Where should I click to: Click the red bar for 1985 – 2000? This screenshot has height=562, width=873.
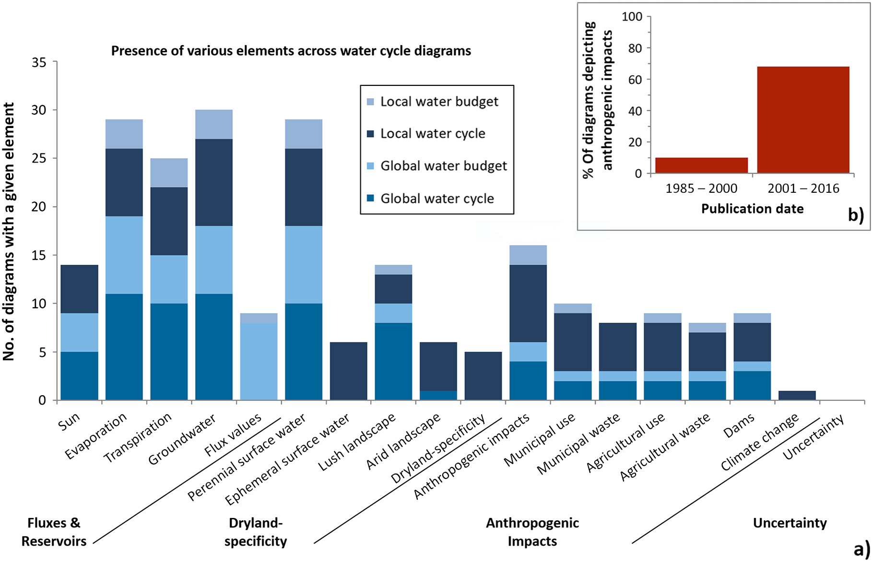701,165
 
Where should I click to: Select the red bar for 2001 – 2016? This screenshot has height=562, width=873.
803,120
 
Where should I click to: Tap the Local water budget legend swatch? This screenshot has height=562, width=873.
370,102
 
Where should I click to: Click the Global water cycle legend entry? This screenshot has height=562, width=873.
431,199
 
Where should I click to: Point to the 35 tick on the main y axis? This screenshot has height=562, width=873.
39,62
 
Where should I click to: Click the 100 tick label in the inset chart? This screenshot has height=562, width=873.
632,16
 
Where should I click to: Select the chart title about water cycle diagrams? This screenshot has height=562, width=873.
291,51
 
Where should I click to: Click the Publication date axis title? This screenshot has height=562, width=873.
752,209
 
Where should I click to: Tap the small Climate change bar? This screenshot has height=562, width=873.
797,395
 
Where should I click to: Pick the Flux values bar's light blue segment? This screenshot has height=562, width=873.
259,361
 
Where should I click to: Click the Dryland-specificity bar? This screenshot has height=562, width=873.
483,376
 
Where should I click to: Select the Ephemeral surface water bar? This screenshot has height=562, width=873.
349,371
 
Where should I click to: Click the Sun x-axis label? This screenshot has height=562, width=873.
69,421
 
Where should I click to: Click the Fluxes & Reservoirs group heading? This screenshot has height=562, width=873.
54,532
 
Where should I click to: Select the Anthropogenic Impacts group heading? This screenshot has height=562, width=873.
532,532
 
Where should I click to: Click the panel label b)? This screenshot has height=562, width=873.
856,215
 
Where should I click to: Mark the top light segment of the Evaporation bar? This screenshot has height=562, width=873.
124,134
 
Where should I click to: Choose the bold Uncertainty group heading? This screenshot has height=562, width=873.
790,523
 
